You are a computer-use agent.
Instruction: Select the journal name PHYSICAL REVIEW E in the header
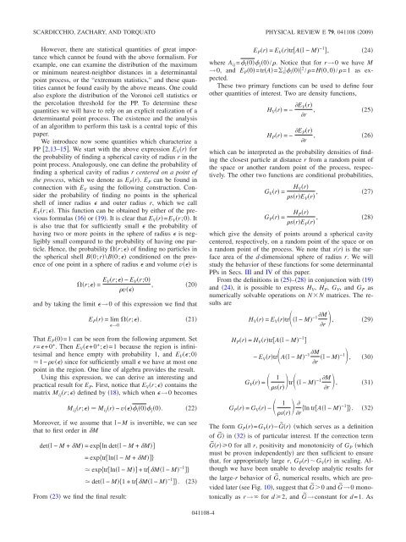pyautogui.click(x=285, y=10)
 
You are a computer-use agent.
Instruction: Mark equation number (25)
pyautogui.click(x=385, y=132)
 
